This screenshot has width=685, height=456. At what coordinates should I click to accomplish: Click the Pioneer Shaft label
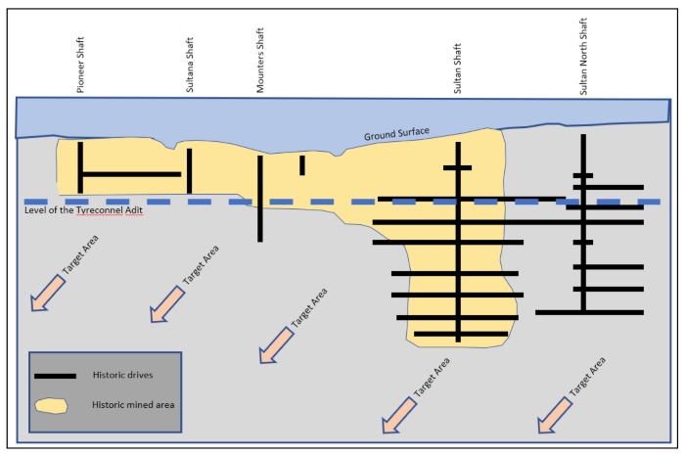[80, 65]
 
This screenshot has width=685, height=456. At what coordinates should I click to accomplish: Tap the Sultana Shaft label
[190, 65]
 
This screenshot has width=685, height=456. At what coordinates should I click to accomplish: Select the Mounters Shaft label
[260, 61]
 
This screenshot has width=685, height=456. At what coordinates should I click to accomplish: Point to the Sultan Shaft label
[457, 68]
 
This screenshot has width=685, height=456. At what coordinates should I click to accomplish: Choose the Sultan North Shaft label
[583, 57]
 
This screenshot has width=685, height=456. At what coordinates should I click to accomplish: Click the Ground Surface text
[396, 134]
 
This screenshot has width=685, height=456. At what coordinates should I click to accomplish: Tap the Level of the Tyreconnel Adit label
[83, 210]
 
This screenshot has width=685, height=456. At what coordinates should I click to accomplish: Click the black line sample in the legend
[55, 376]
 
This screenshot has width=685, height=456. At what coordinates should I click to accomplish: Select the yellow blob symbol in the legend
[51, 406]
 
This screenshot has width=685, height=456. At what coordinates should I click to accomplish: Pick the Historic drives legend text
[122, 375]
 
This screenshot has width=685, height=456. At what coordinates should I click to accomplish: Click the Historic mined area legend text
[133, 405]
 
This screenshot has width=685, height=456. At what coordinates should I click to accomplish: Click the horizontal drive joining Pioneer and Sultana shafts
[132, 174]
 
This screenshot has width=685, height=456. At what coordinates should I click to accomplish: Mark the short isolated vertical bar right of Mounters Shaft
[302, 165]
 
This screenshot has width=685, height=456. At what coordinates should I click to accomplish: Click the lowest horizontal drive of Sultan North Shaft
[589, 312]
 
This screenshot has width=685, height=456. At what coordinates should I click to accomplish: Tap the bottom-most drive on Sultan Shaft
[461, 334]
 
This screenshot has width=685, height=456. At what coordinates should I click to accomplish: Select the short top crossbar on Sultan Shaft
[457, 167]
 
